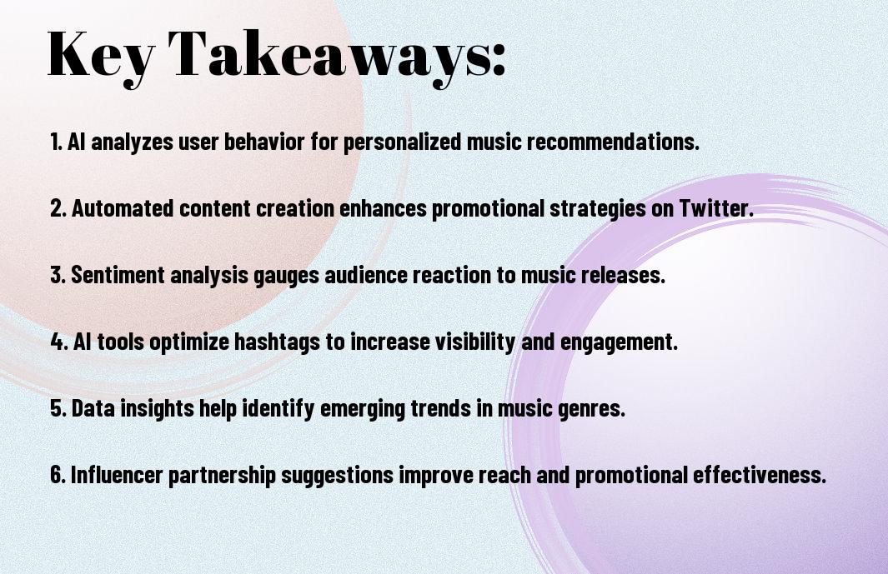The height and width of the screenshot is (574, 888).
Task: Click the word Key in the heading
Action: [x=100, y=56]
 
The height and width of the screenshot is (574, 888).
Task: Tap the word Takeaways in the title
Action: [x=329, y=56]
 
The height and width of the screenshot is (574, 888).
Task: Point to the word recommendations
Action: [x=613, y=142]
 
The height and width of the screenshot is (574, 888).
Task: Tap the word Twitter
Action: [x=716, y=208]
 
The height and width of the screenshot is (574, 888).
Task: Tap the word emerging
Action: [x=363, y=409]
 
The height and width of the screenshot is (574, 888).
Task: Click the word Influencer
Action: [x=117, y=474]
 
